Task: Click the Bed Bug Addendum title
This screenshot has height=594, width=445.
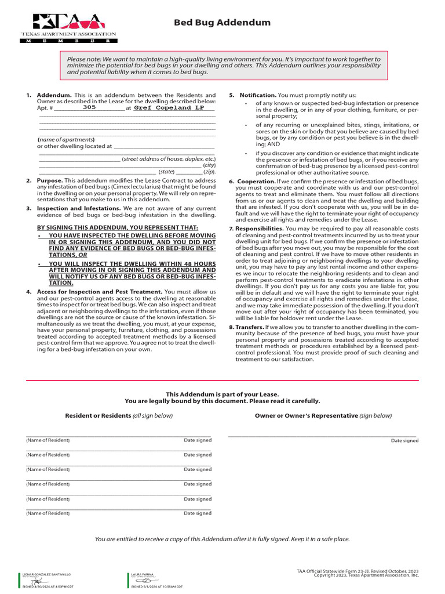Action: (222, 23)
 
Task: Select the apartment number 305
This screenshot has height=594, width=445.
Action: (89, 107)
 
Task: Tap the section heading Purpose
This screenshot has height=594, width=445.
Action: (50, 181)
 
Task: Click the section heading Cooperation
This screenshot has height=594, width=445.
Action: (259, 182)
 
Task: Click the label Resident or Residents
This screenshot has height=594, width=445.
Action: (98, 416)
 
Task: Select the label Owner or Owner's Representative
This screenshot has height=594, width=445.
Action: (306, 416)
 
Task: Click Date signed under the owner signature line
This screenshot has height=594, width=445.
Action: (404, 441)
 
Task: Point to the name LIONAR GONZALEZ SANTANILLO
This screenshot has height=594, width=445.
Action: (46, 574)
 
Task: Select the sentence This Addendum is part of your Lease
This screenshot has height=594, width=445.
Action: (222, 394)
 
